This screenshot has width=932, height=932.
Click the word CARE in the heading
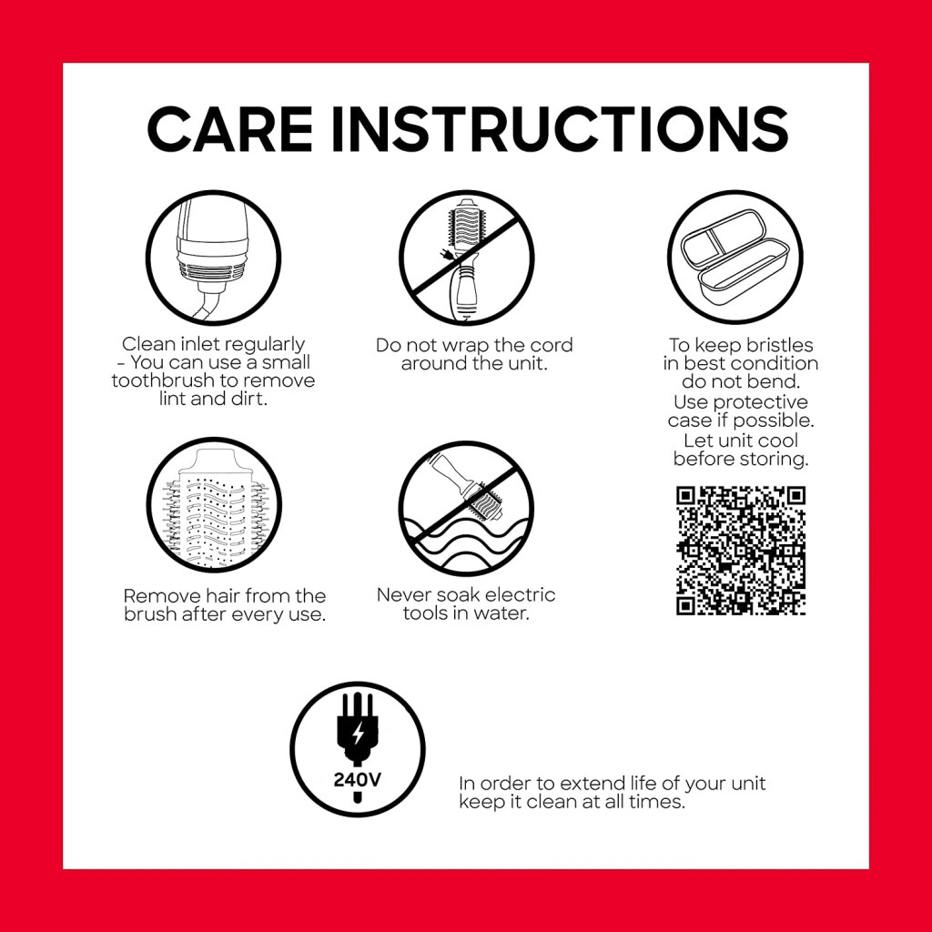point(230,129)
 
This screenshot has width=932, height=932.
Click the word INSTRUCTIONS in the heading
point(560,129)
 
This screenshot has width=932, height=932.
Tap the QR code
point(741,551)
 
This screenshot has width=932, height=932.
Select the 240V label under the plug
point(357,779)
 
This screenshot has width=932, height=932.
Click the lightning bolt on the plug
point(358,734)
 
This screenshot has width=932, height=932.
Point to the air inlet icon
point(213,258)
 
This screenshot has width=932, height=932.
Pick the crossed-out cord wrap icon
point(467,258)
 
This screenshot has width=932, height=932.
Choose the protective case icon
point(735,258)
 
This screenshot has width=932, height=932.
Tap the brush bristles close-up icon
point(214,505)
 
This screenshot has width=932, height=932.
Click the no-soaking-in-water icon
point(467,508)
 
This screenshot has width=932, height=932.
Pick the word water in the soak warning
point(501,613)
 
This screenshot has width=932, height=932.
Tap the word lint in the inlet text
point(172,399)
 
